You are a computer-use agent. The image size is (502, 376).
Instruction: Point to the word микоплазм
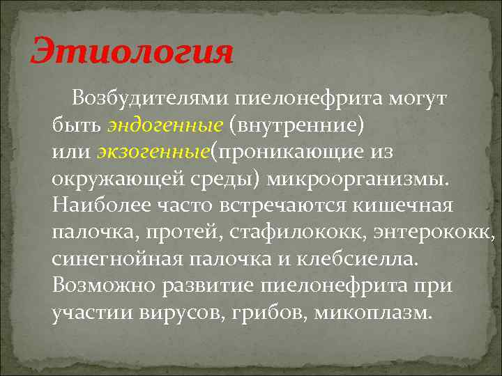tap(373, 312)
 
